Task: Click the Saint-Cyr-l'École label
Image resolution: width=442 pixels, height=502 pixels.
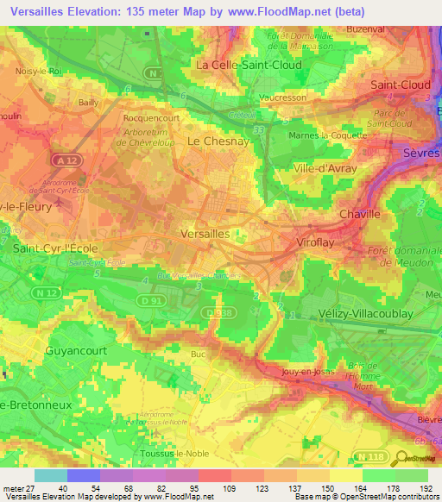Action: click(56, 248)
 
